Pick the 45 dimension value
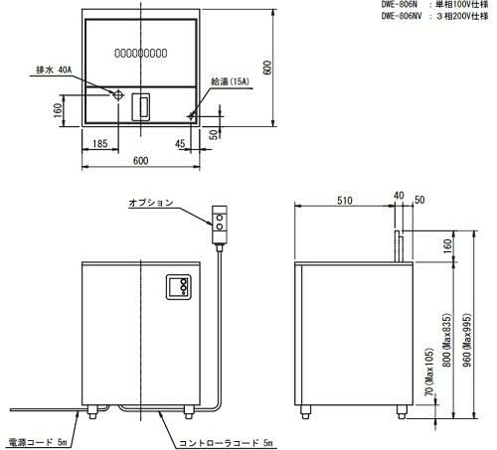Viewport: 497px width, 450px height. click(182, 145)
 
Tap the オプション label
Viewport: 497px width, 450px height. click(150, 203)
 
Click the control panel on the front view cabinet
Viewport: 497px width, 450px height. click(180, 287)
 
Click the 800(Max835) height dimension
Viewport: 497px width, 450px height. click(445, 342)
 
